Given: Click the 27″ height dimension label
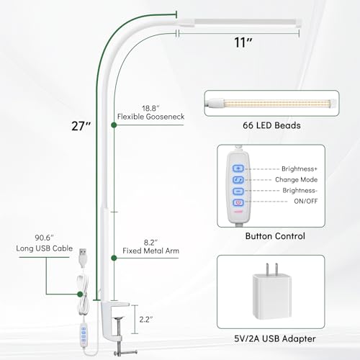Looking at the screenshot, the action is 81,126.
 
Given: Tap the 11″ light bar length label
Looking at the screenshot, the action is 243,42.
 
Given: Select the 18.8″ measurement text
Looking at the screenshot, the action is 150,108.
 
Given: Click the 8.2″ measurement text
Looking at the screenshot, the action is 150,243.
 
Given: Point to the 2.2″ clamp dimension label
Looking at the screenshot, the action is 146,320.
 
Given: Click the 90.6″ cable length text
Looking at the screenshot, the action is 44,238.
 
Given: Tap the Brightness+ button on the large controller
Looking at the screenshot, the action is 238,168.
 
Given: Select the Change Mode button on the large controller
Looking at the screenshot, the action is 238,180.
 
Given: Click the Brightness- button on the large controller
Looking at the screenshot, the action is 238,191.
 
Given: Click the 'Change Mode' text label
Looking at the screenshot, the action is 296,179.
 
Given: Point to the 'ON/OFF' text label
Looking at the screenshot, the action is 306,201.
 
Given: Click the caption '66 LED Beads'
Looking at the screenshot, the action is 271,125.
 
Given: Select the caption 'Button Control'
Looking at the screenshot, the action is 275,236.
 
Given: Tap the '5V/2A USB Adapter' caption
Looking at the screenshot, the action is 275,339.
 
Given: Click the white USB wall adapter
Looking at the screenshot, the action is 272,291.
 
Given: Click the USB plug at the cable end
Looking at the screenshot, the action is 83,258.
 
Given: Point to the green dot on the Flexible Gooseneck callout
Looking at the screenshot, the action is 114,125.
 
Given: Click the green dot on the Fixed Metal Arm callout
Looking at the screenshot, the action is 114,258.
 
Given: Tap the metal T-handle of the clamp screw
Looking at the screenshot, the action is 125,352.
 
